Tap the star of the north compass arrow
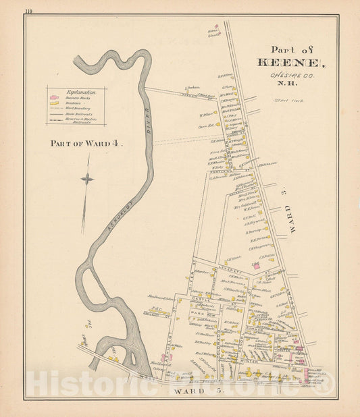[x=86, y=179]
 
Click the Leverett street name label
[x=232, y=267]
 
